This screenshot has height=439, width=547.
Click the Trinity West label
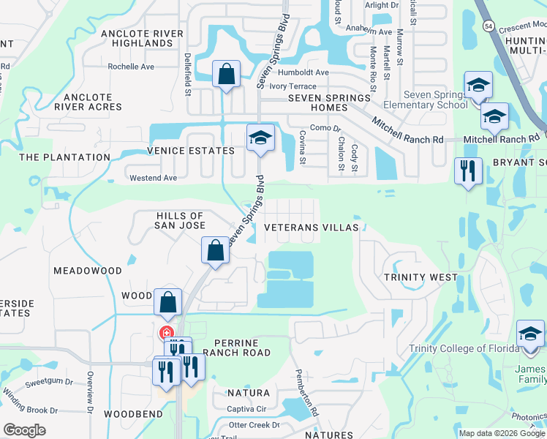[420, 277]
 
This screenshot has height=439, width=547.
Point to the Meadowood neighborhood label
[88, 271]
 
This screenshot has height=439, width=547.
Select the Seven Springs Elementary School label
[436, 100]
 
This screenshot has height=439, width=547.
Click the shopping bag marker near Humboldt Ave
[226, 74]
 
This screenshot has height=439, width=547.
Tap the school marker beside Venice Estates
[260, 138]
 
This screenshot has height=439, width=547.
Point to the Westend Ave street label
[153, 178]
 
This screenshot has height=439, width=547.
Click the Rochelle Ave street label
[131, 67]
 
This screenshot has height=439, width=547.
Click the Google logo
[23, 430]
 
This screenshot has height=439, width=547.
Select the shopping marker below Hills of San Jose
[216, 250]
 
